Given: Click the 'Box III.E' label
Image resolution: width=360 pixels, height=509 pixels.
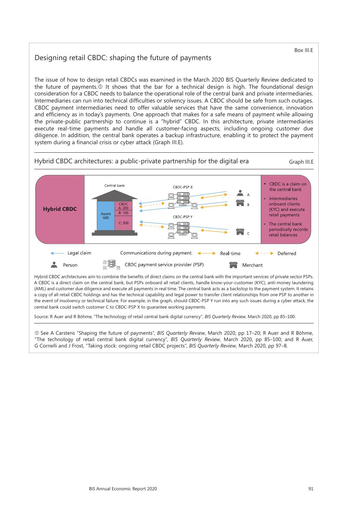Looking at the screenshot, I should tap(303, 50).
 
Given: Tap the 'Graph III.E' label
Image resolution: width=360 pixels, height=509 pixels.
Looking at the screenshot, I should tap(301, 162).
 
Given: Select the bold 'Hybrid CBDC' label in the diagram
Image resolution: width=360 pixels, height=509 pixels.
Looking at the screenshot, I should tap(60, 209).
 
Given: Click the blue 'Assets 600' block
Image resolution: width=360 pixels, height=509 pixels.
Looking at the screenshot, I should tap(106, 216).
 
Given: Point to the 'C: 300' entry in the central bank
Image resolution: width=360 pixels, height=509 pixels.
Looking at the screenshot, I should tap(123, 223).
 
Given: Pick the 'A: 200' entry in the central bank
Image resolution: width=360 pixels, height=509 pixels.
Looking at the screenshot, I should tap(123, 208).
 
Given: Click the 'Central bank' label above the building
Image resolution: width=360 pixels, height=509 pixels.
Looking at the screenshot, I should tap(114, 186).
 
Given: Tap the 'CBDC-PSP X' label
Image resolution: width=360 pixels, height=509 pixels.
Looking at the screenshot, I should tap(183, 187).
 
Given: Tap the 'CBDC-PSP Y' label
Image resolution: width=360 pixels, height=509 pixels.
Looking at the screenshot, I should tap(183, 217).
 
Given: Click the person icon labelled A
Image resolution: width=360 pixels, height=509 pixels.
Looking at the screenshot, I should tap(240, 193).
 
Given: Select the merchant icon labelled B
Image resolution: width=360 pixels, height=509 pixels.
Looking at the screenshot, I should tap(240, 203).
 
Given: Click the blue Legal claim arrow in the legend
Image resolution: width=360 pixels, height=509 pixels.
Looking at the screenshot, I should tap(57, 253).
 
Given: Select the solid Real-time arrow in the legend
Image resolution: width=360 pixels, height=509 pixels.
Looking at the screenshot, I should tap(206, 253).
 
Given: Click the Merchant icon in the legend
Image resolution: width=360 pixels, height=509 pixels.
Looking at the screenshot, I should tap(233, 265).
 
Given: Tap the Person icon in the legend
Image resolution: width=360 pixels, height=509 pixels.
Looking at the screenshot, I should tap(54, 265).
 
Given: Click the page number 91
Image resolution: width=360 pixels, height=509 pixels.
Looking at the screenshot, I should tap(311, 489).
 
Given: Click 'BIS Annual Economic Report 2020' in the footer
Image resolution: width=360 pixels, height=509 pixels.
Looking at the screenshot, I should tap(123, 489).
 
